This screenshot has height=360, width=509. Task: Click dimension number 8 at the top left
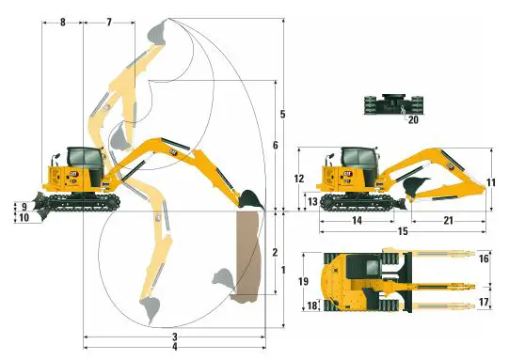(63, 21)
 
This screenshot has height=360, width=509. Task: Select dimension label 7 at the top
(108, 21)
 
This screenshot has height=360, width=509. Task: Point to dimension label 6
(274, 146)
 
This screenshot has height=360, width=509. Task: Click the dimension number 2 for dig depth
(274, 252)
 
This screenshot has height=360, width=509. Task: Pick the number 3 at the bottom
(175, 337)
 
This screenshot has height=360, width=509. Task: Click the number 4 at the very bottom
(175, 347)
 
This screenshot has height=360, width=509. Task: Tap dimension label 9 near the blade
(24, 207)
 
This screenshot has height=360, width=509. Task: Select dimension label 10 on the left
(24, 218)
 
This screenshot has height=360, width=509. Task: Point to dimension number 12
(299, 179)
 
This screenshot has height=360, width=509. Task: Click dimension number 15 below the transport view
(403, 230)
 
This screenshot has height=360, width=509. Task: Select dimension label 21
(449, 220)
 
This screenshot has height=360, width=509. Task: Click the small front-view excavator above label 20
(390, 102)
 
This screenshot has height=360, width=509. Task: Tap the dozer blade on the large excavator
(40, 199)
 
